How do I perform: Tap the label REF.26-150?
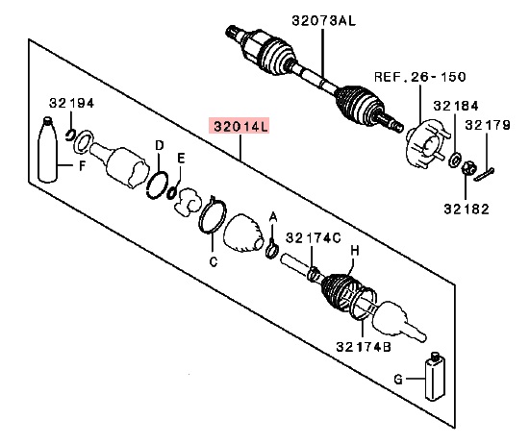[x=415, y=75]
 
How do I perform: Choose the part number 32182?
[x=466, y=207]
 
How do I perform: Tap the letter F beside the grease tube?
[x=82, y=165]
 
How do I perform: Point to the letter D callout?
[x=158, y=145]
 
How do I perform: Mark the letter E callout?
[x=180, y=159]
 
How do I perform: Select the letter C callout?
[x=214, y=260]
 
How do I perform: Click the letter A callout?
[x=273, y=216]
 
